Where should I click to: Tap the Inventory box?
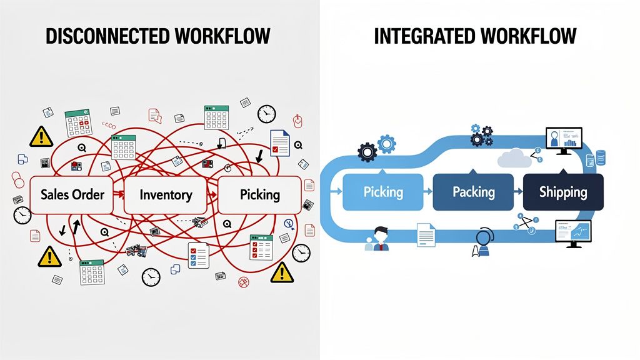click(166, 195)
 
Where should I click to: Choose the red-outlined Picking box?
click(259, 195)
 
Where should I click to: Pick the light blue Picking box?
click(383, 192)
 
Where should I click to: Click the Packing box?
click(473, 191)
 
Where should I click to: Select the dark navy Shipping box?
click(562, 192)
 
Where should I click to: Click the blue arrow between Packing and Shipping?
click(517, 191)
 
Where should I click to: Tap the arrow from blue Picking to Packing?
click(427, 191)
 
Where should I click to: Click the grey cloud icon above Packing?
click(514, 159)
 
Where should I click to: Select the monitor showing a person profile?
click(564, 139)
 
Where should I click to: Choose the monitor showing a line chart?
click(573, 232)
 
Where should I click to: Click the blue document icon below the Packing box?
click(426, 236)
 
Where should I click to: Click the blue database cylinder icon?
click(601, 157)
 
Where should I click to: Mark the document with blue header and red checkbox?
click(280, 142)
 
